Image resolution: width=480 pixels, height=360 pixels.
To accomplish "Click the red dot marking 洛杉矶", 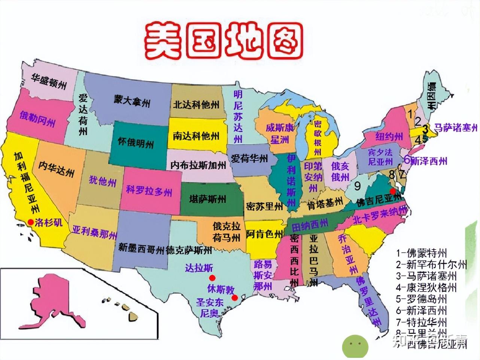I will tap(31, 222).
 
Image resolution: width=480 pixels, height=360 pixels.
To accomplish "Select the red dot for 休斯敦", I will tap(235, 298).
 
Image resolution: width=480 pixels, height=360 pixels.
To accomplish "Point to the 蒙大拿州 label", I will tap(132, 100).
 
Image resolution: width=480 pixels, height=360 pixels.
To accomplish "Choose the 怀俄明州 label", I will tap(136, 143).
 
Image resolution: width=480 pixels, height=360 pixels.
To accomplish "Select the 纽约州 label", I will tap(389, 136).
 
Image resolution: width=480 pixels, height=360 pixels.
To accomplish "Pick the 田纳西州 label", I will tap(310, 225).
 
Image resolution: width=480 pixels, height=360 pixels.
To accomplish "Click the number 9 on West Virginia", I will tap(358, 185).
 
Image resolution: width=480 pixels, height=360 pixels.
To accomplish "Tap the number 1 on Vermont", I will tap(410, 113).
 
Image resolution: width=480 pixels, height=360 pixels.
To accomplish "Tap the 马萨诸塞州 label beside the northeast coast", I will tap(456, 128).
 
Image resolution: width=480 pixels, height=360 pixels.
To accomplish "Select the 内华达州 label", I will tap(56, 169).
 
